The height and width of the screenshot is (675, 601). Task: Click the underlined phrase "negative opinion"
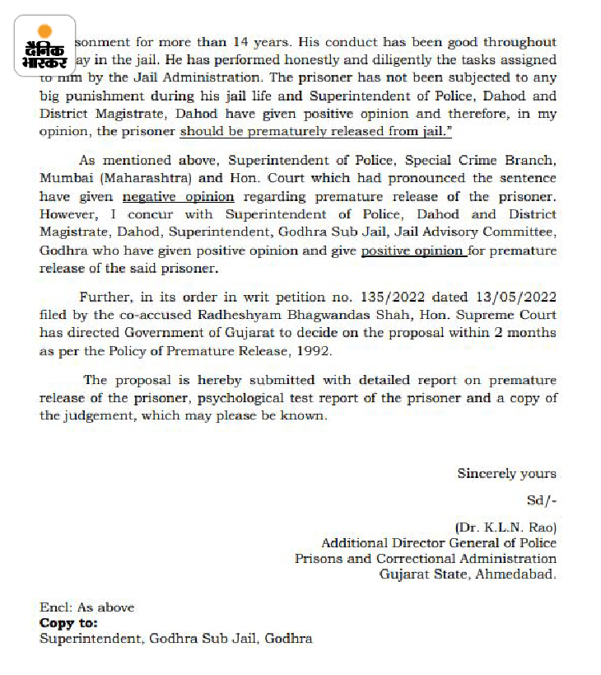pos(179,196)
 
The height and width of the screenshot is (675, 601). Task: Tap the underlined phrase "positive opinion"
pos(413,251)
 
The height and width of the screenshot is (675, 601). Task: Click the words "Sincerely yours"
pos(506,473)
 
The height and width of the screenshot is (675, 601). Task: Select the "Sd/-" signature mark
pos(541,500)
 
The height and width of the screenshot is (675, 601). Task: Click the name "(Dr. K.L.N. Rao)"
pos(505,527)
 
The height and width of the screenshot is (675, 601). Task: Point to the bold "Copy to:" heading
pos(68,623)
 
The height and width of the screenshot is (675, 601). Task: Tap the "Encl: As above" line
pos(86,607)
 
